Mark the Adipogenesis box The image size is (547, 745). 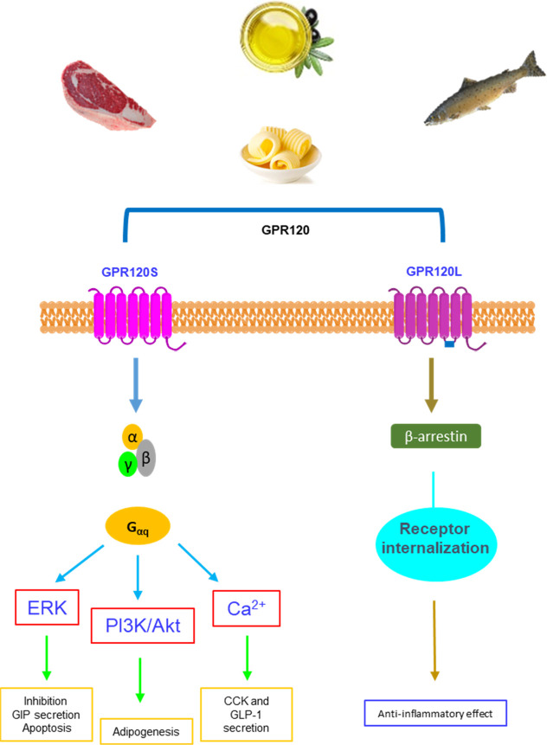tap(147, 731)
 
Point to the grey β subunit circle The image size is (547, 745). tap(146, 455)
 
